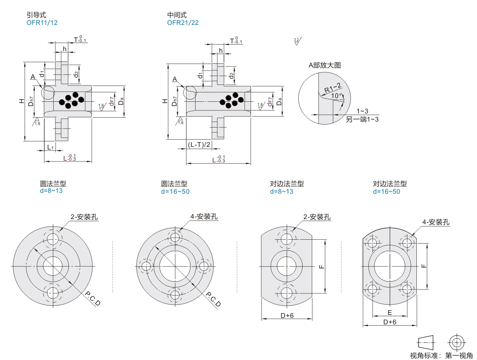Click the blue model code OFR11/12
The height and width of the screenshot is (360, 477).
[x=42, y=23]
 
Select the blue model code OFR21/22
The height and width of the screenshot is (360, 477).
[x=183, y=23]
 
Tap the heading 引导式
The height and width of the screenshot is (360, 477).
[x=36, y=15]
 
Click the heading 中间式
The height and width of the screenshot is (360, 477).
[x=177, y=15]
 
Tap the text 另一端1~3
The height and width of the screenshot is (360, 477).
[x=362, y=119]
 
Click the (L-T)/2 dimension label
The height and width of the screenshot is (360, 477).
[x=199, y=145]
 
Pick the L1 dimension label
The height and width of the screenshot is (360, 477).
[x=50, y=147]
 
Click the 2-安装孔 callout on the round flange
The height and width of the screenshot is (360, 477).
[x=84, y=217]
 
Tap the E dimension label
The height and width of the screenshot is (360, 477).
[x=389, y=312]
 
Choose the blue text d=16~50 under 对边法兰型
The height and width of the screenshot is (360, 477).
[x=386, y=191]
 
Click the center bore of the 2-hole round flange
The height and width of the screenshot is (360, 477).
[x=53, y=266]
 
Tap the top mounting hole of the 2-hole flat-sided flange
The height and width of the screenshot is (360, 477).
[x=287, y=239]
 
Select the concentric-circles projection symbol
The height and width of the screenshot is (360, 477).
[x=456, y=342]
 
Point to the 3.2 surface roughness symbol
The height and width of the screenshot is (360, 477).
[x=297, y=42]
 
